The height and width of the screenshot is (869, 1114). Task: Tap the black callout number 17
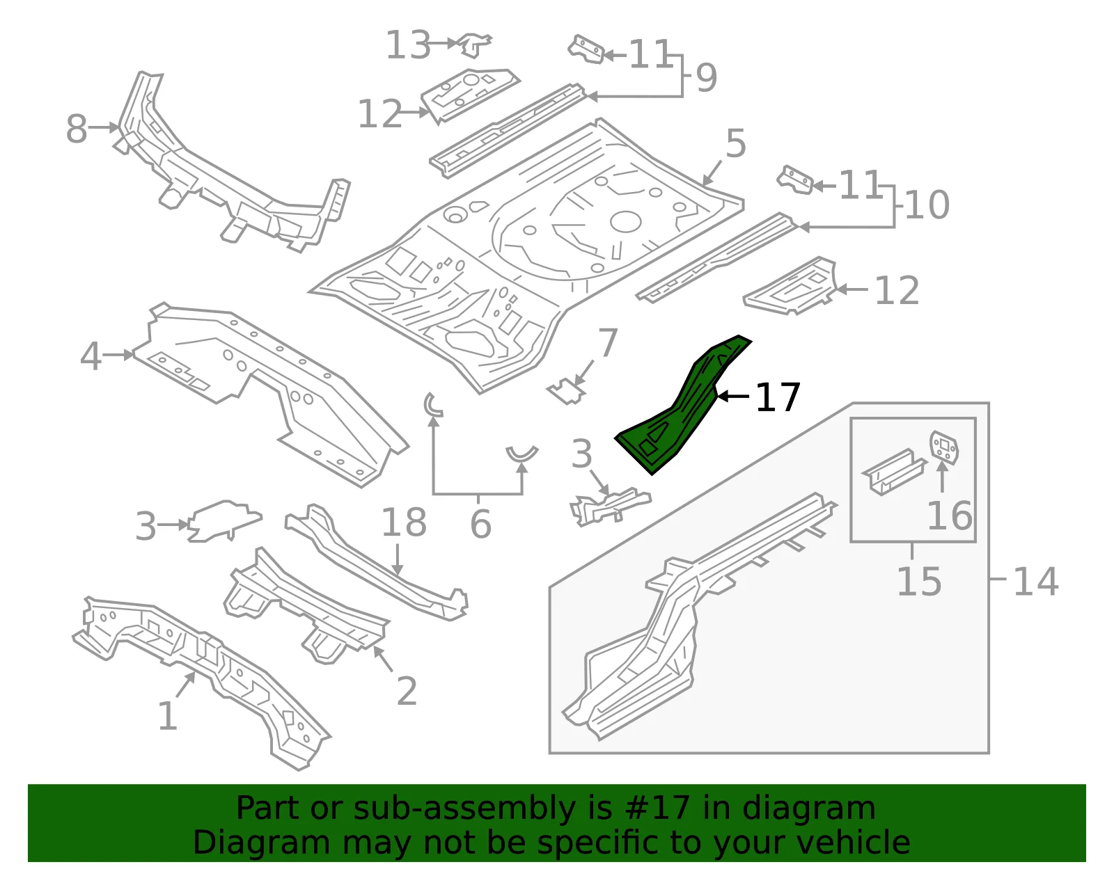pos(777,397)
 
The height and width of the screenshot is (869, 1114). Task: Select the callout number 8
pos(77,129)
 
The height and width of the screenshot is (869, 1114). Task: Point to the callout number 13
pos(407,45)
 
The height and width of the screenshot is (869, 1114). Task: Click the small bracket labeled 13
pos(475,45)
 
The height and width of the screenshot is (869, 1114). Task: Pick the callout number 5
pos(736,143)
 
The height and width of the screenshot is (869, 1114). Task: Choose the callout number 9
pos(707,78)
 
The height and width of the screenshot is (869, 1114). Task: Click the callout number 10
pos(927,205)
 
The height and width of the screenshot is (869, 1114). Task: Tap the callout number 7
pos(608,342)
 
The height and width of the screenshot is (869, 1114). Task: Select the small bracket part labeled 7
pos(567,392)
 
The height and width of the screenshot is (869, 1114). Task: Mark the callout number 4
pos(91,356)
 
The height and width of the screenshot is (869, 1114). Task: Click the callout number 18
pos(404,523)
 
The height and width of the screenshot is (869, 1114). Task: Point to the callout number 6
pos(480,524)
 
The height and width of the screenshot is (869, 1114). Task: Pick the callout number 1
pos(168,716)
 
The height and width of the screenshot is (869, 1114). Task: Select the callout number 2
pos(407,691)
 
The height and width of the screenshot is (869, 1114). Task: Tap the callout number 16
pos(950,515)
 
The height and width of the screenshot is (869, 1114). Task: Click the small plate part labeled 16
pos(944,447)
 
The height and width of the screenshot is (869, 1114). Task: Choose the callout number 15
pos(919,582)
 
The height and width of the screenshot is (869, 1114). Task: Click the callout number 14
pos(1035,582)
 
